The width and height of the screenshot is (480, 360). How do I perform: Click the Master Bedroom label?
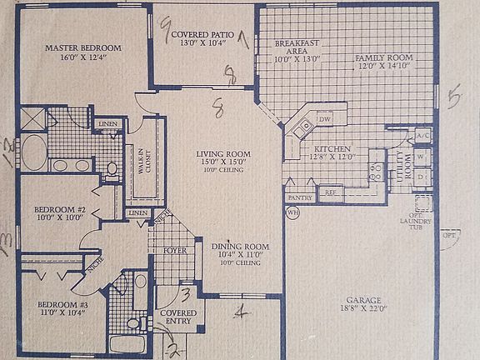click(83, 47)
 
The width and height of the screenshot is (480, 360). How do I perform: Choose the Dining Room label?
click(239, 247)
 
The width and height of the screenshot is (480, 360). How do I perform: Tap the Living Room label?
click(223, 154)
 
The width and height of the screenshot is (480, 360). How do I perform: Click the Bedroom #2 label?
click(60, 210)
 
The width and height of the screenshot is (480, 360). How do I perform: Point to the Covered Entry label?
click(176, 320)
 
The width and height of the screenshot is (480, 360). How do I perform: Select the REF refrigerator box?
click(330, 192)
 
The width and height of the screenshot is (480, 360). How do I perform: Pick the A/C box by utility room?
click(422, 135)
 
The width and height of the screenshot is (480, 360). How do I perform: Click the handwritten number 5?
click(454, 97)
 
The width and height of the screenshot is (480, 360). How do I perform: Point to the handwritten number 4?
click(241, 312)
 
